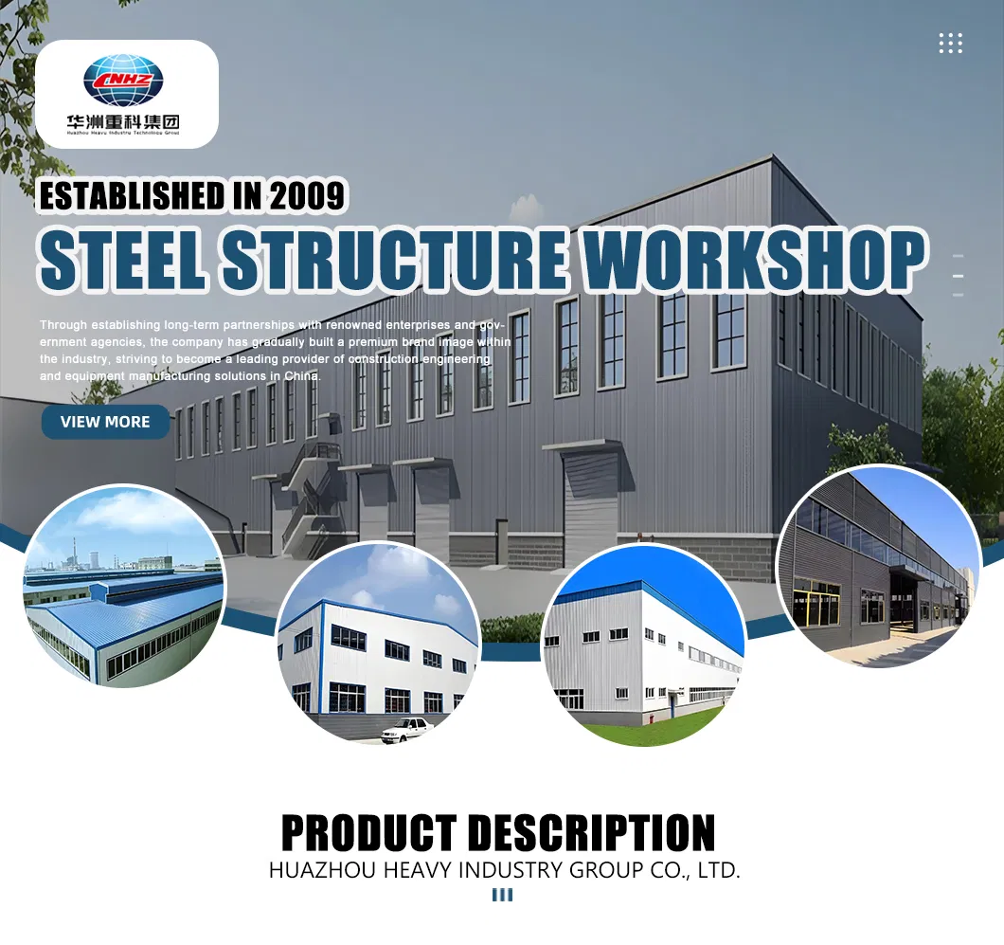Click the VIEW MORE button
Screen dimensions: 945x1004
(105, 422)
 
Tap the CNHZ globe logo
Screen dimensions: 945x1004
(123, 81)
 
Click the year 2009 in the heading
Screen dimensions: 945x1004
(307, 195)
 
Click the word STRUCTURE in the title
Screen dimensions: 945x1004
(398, 258)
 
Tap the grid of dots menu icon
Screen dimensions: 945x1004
(950, 43)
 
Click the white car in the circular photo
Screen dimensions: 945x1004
(406, 729)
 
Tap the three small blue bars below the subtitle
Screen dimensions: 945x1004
(502, 895)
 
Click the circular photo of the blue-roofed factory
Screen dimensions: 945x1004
(124, 587)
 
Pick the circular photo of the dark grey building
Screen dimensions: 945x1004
(877, 567)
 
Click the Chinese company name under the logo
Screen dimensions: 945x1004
(123, 122)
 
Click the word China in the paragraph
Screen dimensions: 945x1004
(302, 376)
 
